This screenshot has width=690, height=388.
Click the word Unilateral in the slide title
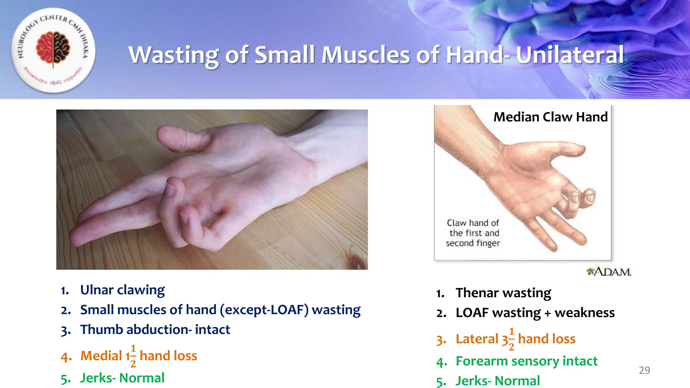pos(570,55)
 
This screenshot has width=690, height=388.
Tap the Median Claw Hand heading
pos(551,117)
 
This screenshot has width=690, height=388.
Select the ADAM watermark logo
pos(609,271)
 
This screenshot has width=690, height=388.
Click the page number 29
pos(644,370)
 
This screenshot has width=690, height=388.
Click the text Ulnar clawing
pos(122,290)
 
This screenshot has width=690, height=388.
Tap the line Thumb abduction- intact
pos(155,329)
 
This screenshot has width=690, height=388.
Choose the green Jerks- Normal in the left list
pos(122,378)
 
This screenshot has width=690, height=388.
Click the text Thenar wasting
pos(503,293)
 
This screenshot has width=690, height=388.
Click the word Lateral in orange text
pos(477,339)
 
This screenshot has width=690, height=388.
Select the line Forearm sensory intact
pos(527,361)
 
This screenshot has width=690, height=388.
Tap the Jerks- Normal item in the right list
pos(498,381)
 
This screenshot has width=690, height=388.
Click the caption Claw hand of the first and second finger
pos(473,233)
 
